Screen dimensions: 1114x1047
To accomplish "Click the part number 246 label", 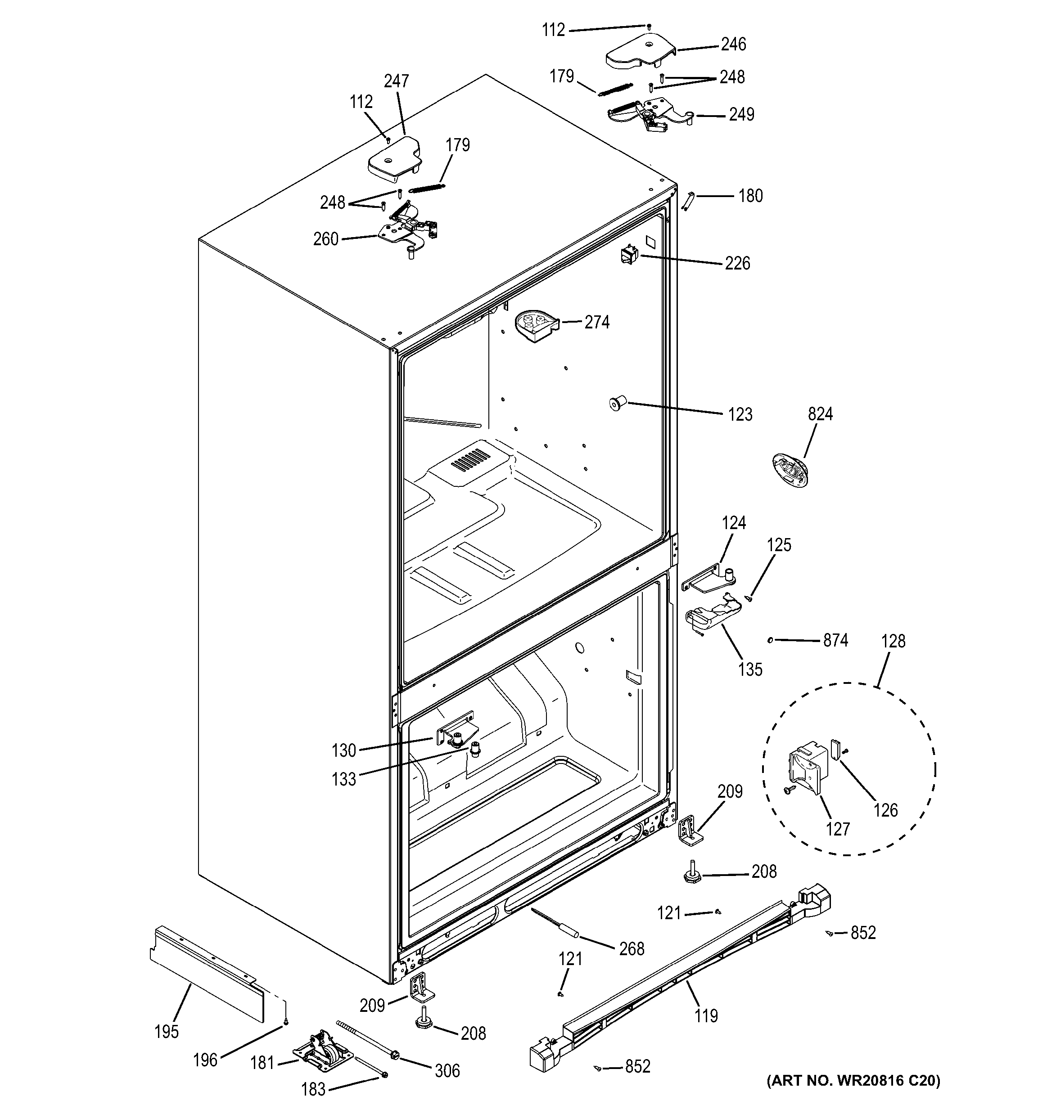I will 733,44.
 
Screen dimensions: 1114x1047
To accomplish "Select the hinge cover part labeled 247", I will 393,161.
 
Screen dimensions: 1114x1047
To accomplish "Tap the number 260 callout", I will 325,239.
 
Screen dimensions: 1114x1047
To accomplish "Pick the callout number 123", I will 740,415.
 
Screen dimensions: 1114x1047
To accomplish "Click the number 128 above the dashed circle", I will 893,641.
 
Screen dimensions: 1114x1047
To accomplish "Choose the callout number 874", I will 835,641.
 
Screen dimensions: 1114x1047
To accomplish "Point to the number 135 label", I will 750,669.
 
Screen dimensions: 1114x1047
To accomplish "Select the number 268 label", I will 632,949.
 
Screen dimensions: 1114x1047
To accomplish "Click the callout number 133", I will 343,779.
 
